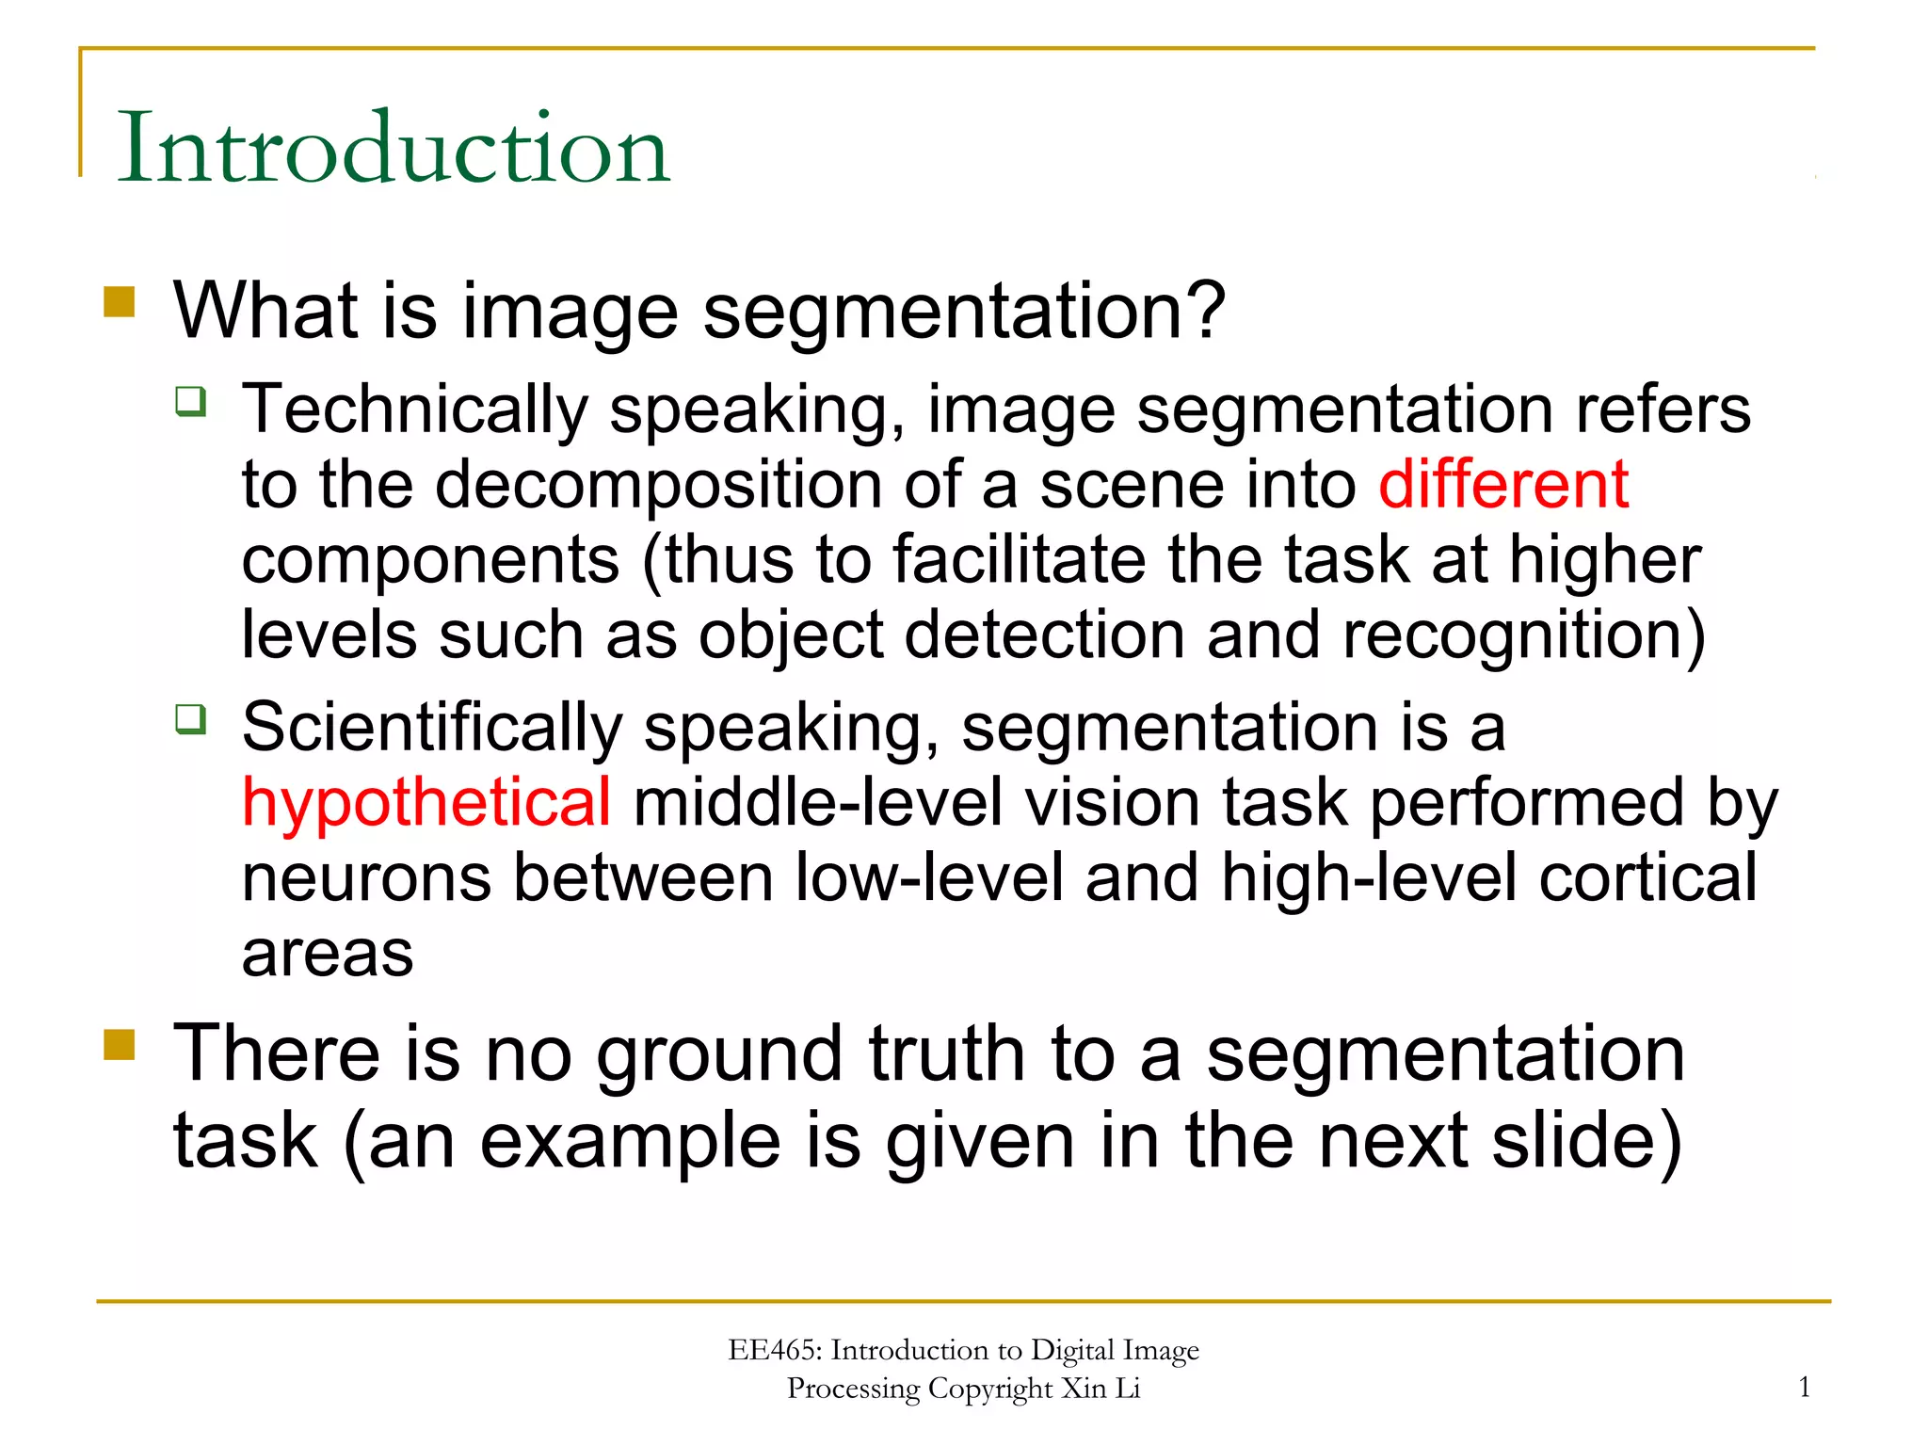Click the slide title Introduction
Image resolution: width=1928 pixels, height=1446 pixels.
393,148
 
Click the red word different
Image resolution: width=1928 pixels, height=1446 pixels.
1503,485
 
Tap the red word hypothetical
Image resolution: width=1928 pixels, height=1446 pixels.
426,803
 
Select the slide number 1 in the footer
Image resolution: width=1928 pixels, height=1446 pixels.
1804,1387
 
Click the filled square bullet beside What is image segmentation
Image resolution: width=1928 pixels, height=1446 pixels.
120,303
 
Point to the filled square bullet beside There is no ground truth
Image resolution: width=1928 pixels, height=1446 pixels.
120,1044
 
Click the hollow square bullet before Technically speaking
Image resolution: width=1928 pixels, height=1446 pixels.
190,401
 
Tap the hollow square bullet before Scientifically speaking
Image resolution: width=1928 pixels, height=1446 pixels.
190,719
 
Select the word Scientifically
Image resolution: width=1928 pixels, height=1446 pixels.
432,729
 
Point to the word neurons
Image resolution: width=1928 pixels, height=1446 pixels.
366,878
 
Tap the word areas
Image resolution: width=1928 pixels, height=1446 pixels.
328,955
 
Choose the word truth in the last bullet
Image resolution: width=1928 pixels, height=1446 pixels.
946,1054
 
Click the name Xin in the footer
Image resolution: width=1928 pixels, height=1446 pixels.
1084,1389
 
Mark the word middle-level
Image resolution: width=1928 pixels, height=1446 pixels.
817,803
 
